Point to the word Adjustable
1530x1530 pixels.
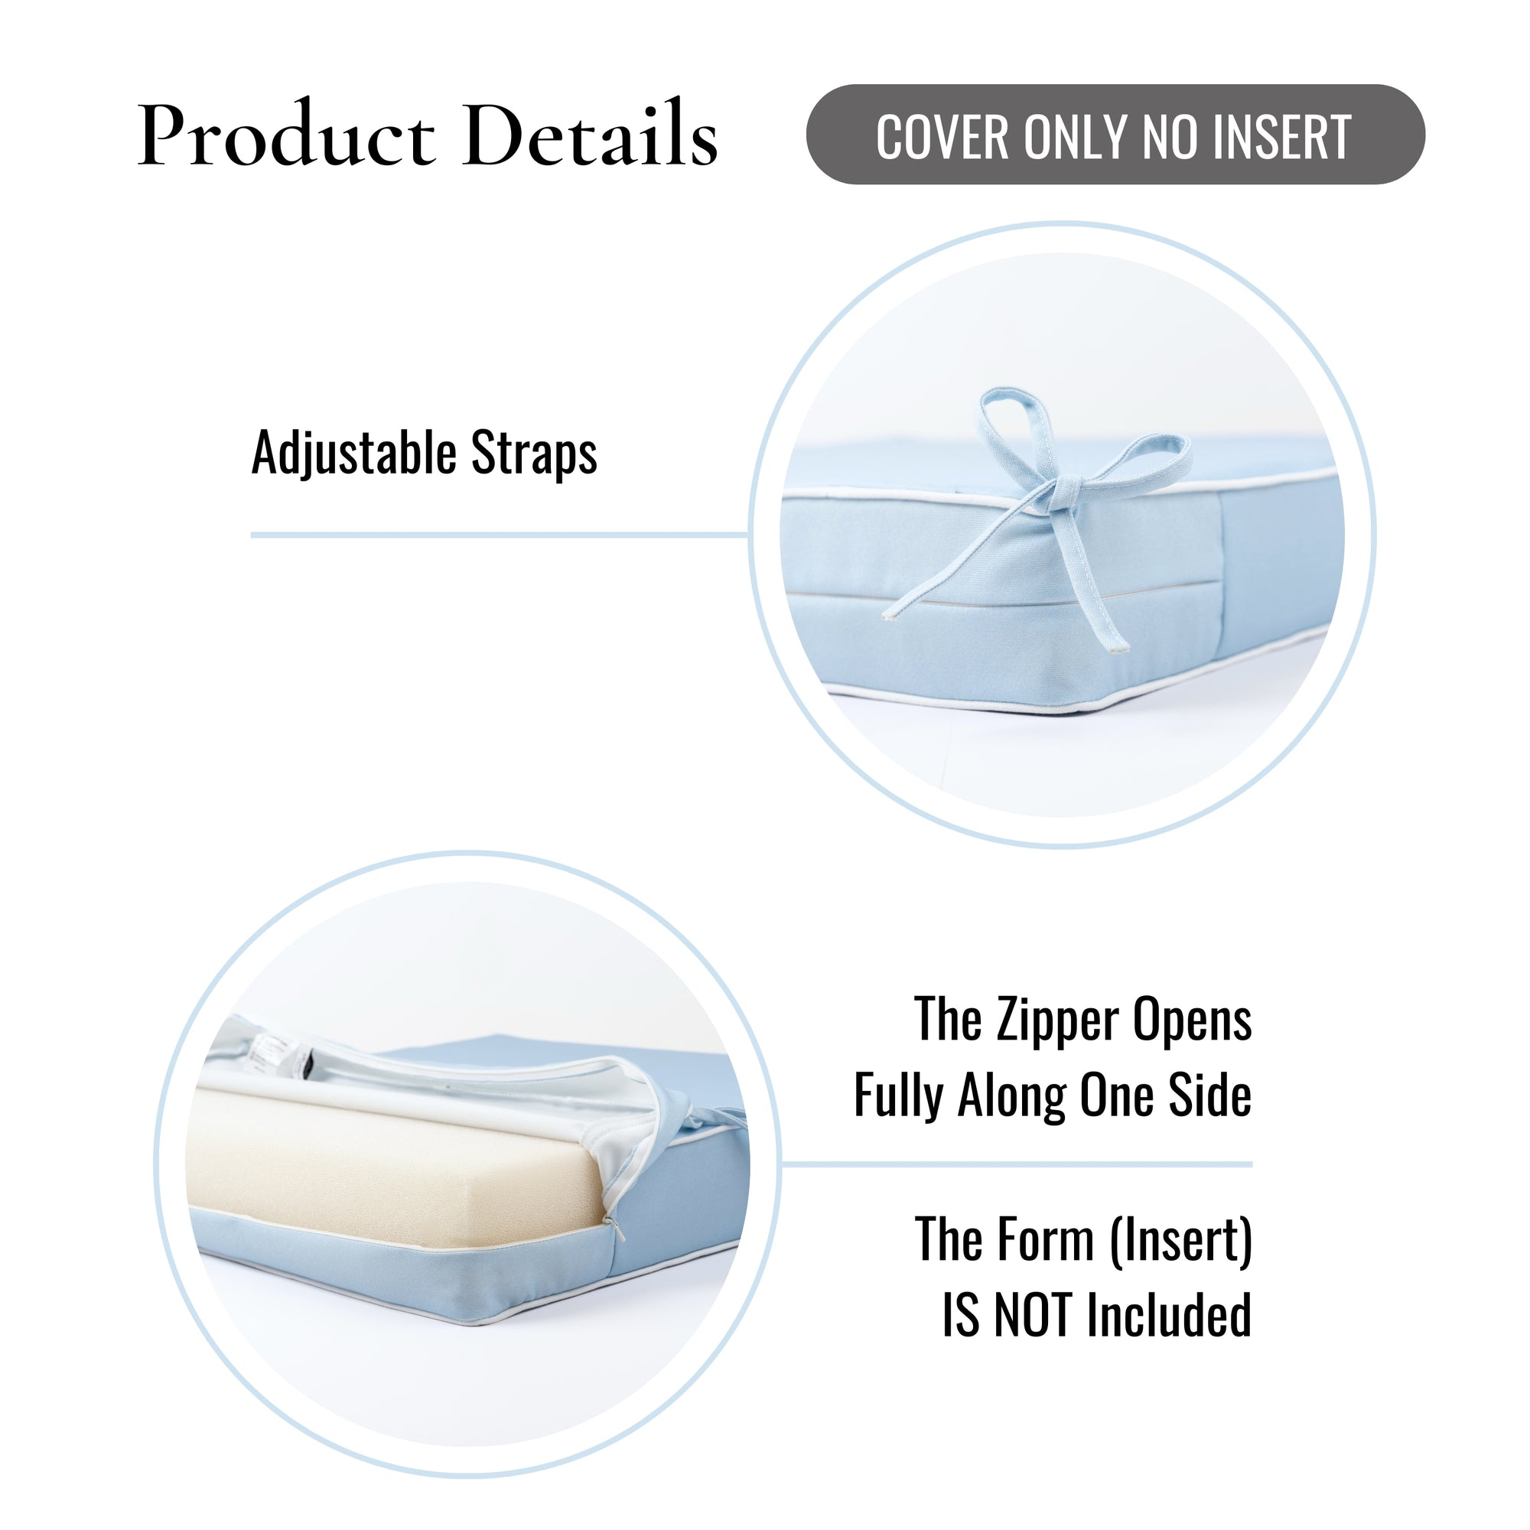[x=354, y=454]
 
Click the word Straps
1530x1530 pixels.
[x=534, y=454]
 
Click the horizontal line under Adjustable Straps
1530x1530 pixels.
[x=500, y=535]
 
